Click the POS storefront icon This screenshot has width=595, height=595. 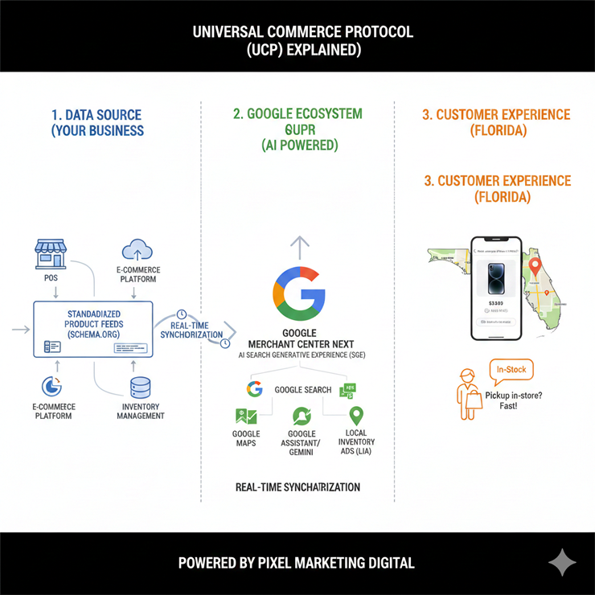click(50, 253)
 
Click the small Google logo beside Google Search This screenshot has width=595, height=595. click(255, 389)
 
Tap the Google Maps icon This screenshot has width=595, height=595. click(246, 416)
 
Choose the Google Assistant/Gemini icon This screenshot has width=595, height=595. click(302, 416)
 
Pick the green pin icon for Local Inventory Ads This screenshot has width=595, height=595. click(356, 416)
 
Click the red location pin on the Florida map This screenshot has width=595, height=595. click(532, 264)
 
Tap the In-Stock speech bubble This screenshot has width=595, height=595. click(511, 370)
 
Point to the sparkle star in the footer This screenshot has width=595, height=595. click(562, 563)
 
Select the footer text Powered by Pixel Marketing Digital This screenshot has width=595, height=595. click(297, 563)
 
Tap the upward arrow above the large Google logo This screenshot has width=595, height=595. click(298, 245)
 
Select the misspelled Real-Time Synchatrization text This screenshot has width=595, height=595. click(297, 487)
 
